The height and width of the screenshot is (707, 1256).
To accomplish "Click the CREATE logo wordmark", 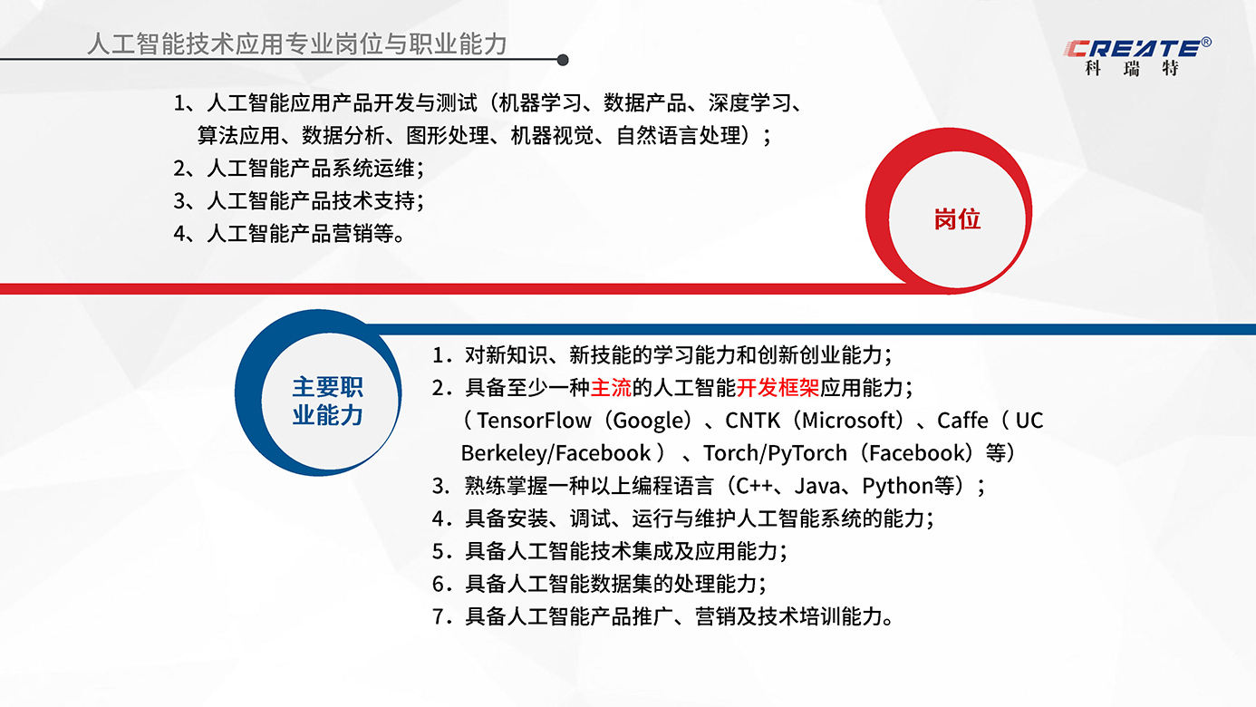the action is [x=1133, y=49].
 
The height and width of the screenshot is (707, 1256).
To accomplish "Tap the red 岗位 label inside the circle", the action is [x=957, y=219].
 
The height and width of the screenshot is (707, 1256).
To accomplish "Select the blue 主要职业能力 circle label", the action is [x=327, y=402].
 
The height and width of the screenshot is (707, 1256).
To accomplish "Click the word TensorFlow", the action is [x=534, y=421].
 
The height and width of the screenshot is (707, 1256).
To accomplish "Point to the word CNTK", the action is [x=752, y=421].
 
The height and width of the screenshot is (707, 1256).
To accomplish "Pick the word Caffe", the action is [x=962, y=421].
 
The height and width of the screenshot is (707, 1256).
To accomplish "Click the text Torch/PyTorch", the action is [x=775, y=453].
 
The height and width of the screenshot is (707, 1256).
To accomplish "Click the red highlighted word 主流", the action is [x=611, y=387].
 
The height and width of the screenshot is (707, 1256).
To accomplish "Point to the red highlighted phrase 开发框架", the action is [x=778, y=387].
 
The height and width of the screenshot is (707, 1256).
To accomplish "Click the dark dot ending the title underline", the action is [x=563, y=60].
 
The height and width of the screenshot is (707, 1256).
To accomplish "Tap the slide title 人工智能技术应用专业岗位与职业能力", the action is [x=297, y=44].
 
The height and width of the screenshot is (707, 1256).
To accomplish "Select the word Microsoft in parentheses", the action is [x=851, y=421].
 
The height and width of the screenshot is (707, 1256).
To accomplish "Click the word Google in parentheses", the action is [x=650, y=421].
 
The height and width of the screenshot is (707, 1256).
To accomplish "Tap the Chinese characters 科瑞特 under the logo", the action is [x=1132, y=68].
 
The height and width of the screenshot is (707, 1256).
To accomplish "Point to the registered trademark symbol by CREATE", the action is [x=1207, y=42].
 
